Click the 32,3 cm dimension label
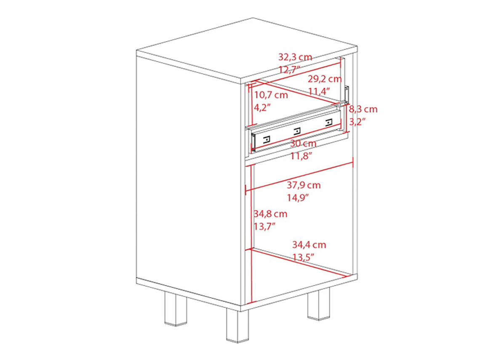(x=295, y=57)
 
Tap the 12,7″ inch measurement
(x=289, y=69)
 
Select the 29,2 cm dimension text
(x=325, y=79)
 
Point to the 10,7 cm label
(x=271, y=95)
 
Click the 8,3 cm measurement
(x=363, y=109)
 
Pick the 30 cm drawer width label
(x=303, y=143)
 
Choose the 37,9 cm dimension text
(x=304, y=185)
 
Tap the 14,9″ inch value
(x=298, y=197)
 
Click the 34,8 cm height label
(x=270, y=213)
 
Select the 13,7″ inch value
(x=264, y=226)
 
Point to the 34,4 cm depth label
(x=309, y=245)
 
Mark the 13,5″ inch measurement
(x=304, y=257)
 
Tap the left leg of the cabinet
(x=175, y=309)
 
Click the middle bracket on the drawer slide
(x=297, y=130)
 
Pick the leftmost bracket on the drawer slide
(x=267, y=139)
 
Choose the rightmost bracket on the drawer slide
(x=328, y=122)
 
